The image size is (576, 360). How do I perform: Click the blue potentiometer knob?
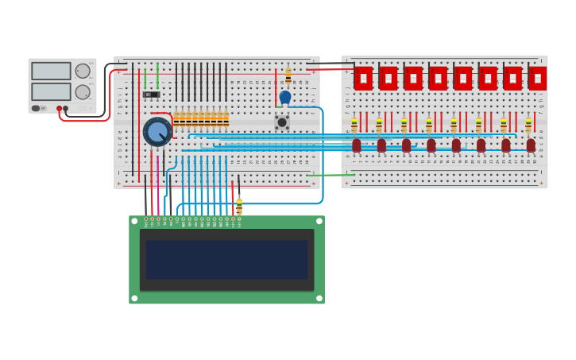157,131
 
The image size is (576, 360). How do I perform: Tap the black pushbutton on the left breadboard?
282,122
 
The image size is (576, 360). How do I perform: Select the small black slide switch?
151,95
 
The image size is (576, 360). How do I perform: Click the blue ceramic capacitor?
285,97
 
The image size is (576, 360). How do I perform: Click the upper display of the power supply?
51,71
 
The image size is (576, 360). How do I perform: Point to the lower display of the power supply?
51,92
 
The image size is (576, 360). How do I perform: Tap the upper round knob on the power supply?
82,71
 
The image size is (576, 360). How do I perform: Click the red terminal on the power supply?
59,108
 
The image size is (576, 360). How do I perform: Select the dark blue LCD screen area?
226,260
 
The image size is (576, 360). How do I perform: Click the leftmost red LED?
357,145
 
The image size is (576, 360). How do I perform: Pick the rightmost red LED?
531,145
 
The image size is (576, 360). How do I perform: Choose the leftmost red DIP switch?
363,78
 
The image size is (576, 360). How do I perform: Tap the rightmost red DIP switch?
537,78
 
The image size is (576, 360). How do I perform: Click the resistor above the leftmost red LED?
354,125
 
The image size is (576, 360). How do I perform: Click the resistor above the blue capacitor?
288,75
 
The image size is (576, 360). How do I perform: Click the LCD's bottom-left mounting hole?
134,298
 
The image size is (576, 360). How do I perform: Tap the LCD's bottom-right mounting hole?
319,298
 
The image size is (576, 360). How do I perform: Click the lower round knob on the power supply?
82,92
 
